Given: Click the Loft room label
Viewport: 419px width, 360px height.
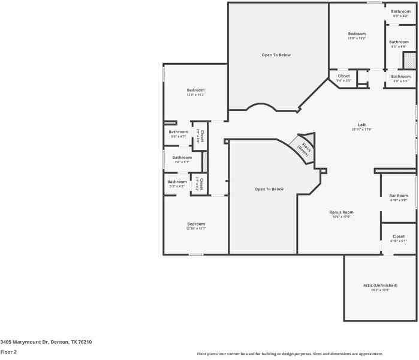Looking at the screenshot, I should point(362,124).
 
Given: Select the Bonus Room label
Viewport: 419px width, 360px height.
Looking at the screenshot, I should point(341,212).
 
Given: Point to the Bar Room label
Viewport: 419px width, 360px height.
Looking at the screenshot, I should point(399,196).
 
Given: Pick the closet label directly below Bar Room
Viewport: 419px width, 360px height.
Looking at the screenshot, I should point(399,236).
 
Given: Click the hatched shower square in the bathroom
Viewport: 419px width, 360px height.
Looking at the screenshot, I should point(409,60).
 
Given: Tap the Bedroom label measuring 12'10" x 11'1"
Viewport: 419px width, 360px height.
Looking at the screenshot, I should point(195,224).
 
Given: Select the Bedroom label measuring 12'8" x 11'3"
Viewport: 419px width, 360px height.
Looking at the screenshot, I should point(195,90).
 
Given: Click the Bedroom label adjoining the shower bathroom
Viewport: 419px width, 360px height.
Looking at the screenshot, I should point(357,34).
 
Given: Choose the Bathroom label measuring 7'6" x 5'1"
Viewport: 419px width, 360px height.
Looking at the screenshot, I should point(182,157).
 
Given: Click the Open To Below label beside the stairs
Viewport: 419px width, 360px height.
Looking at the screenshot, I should point(269,189).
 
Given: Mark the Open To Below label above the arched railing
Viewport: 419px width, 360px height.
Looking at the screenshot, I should point(276,55).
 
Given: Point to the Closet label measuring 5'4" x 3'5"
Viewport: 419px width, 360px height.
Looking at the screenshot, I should point(344,76).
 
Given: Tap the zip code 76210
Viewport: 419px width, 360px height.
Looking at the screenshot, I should point(85,341).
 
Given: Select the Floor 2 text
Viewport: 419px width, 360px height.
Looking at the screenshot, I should point(8,352).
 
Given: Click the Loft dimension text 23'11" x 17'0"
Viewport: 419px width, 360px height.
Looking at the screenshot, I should point(362,129).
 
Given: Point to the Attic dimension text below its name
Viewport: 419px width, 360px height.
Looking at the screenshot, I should point(380,289).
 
